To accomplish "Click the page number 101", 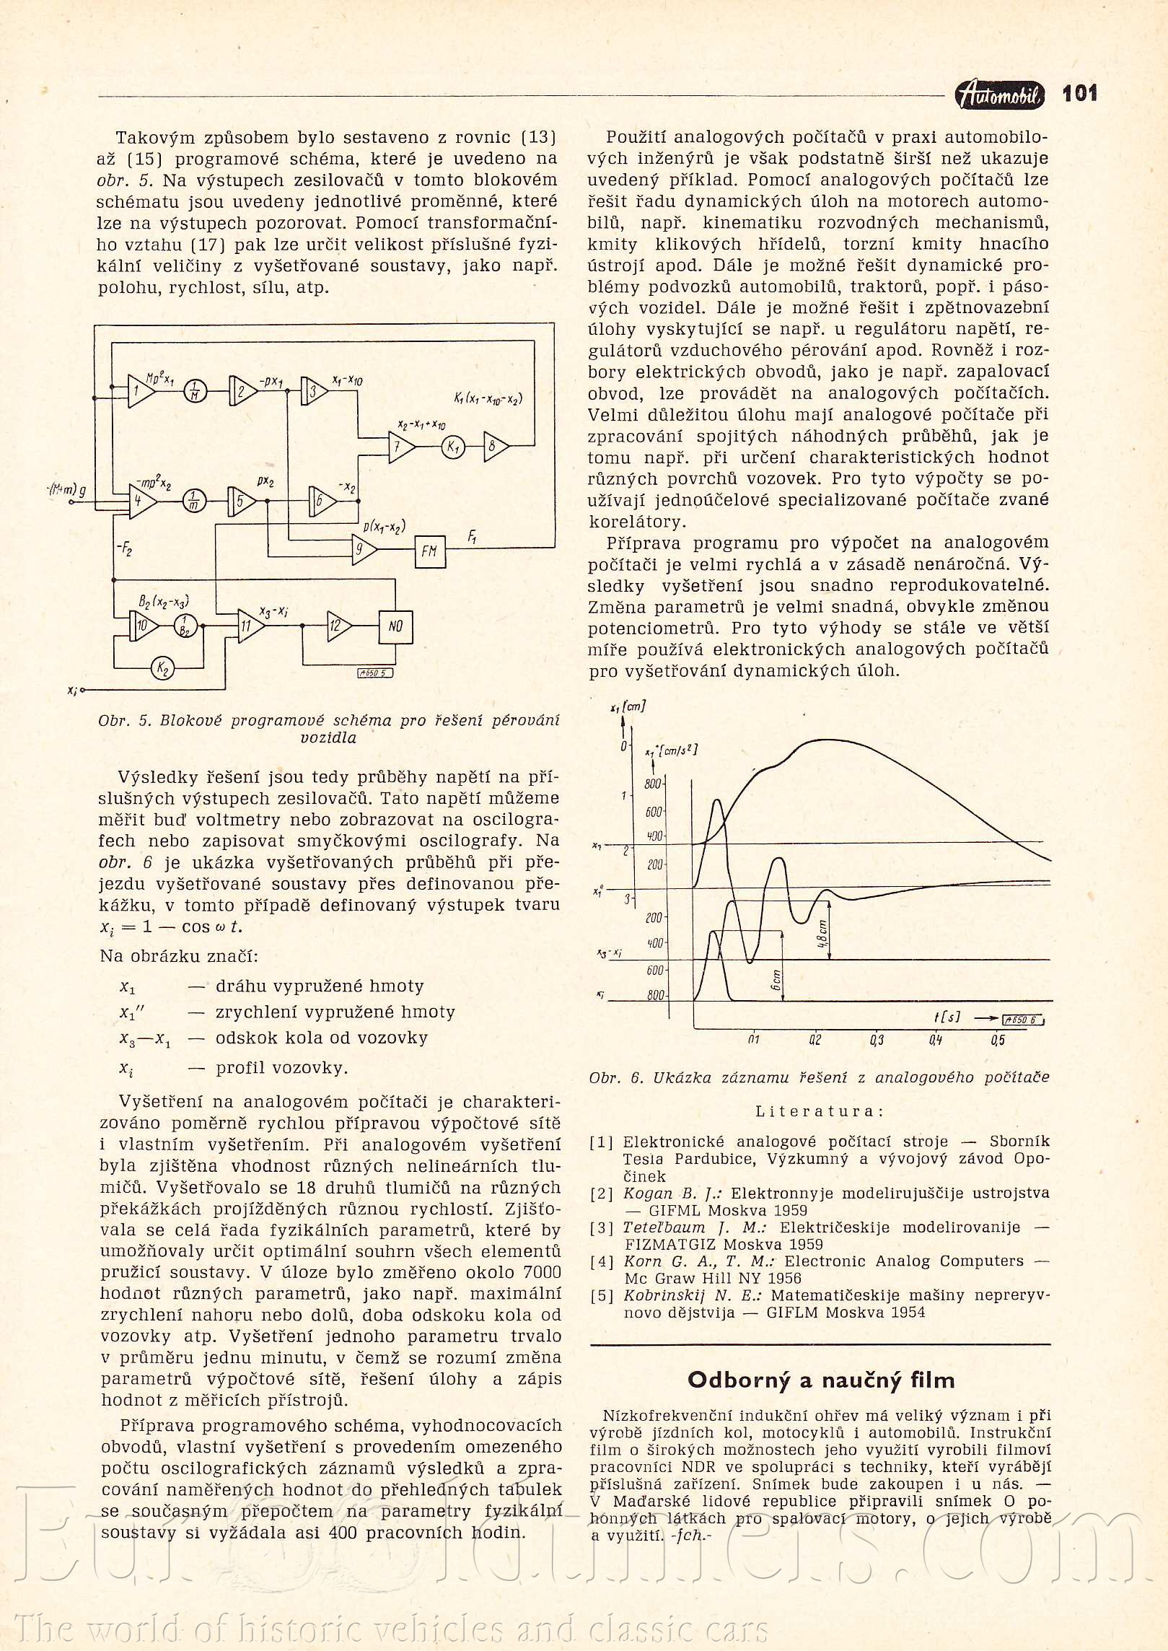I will (1079, 93).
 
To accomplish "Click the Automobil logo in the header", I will (999, 95).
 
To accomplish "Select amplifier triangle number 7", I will (400, 447).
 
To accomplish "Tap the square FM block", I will (429, 551).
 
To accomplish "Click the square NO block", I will (395, 626).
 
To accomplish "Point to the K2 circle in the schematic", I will (163, 668).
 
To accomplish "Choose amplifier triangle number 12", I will (337, 626).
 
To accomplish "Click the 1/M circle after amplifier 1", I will (194, 392).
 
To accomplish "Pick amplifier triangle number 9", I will (364, 551).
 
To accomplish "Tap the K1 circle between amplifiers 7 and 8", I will (453, 447).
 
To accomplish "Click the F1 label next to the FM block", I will (472, 537).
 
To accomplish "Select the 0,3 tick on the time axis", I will (877, 1040).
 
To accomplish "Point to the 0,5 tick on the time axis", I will (998, 1040).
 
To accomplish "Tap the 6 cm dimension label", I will (776, 979).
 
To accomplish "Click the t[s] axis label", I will (947, 1017).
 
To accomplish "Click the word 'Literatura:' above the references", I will (819, 1112).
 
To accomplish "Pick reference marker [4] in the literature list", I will (602, 1261).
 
